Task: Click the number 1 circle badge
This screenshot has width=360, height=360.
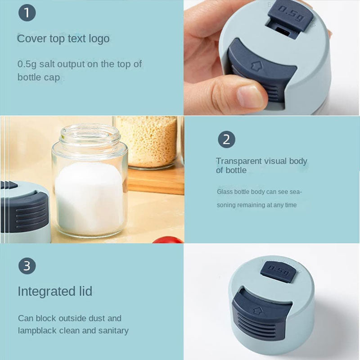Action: pyautogui.click(x=27, y=13)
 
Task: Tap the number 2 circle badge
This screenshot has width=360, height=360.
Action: pyautogui.click(x=226, y=139)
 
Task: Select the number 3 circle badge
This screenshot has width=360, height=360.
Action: pyautogui.click(x=27, y=265)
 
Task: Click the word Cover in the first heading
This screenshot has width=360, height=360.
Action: pyautogui.click(x=31, y=38)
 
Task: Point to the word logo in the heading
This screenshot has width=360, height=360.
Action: pyautogui.click(x=99, y=39)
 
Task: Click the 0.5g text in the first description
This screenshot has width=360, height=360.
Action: pyautogui.click(x=27, y=64)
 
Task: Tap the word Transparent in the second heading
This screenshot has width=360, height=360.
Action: pyautogui.click(x=238, y=161)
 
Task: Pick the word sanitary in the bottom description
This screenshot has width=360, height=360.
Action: pyautogui.click(x=113, y=331)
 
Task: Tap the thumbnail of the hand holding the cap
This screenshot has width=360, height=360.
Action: pyautogui.click(x=272, y=58)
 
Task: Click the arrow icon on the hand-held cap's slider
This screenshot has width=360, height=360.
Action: pyautogui.click(x=256, y=66)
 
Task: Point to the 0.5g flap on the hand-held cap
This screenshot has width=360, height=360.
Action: pyautogui.click(x=290, y=15)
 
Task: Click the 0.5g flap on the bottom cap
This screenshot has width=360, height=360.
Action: pyautogui.click(x=279, y=271)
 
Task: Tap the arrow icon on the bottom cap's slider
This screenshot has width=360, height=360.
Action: pyautogui.click(x=258, y=311)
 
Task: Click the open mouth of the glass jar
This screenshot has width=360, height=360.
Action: pyautogui.click(x=90, y=133)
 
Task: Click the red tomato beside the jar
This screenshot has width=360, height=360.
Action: pyautogui.click(x=167, y=240)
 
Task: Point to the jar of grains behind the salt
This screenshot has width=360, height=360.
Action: pyautogui.click(x=147, y=142)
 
